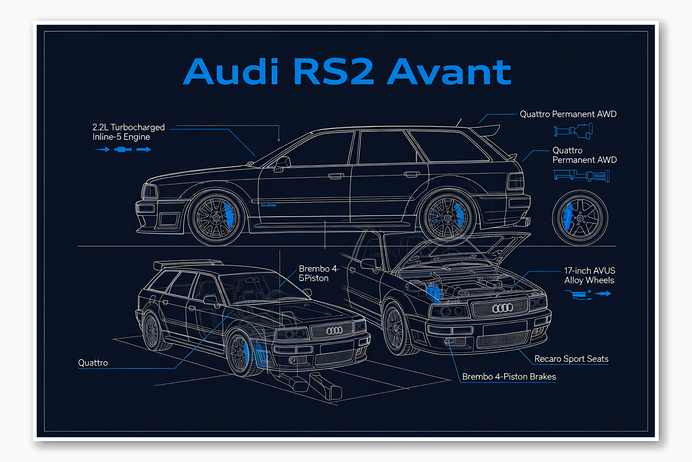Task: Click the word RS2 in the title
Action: coord(334,72)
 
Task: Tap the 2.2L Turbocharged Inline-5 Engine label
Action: coord(128,132)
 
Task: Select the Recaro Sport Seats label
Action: coord(571,359)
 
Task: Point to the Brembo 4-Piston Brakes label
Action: coord(509,377)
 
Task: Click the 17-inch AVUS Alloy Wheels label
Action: coord(589,275)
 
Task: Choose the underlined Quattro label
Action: coord(93,363)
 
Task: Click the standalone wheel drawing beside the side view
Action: coord(580,218)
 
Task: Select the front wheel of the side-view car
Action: coord(216,218)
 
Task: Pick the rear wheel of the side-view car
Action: coord(448,218)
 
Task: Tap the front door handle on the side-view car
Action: coord(336,176)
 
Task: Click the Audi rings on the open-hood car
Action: coord(502,308)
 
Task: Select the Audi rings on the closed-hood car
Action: coord(334,330)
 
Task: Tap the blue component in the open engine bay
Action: coord(434,293)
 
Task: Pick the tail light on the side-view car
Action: coord(516,181)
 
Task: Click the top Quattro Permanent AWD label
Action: coord(568,114)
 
